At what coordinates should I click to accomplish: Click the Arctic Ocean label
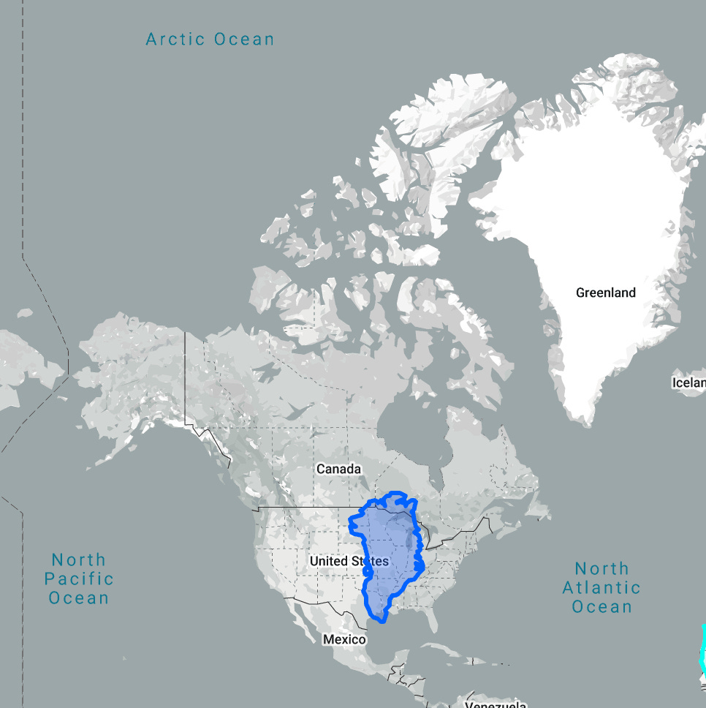point(210,39)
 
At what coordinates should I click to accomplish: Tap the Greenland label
point(606,293)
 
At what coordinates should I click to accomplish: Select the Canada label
point(338,468)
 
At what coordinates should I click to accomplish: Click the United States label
point(349,561)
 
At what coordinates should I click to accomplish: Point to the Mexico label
point(344,639)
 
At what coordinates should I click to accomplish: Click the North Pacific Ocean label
point(78,579)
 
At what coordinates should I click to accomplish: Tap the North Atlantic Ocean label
point(601,587)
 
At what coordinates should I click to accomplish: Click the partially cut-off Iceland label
point(689,383)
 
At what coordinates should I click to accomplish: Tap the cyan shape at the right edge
point(702,651)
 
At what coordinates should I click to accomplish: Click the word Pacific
point(78,579)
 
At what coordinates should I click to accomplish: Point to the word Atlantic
point(601,587)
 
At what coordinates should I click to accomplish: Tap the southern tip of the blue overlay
point(382,621)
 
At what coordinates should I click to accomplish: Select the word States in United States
point(370,561)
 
